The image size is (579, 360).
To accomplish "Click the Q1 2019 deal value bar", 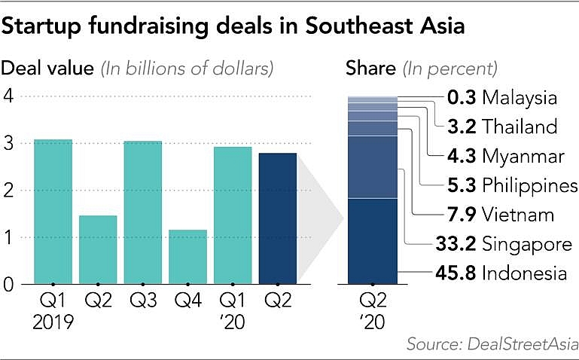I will pos(53,212).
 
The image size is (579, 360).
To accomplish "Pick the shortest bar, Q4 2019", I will pos(188,257).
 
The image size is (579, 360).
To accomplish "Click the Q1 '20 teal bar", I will pos(233,215).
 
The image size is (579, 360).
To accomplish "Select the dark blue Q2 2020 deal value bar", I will pos(278,218).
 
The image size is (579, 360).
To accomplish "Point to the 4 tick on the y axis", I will pos(8,96).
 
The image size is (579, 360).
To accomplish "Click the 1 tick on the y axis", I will pos(8,238).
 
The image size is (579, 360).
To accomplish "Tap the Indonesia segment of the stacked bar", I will pos(372,241).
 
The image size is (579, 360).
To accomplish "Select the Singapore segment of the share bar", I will pos(372,167).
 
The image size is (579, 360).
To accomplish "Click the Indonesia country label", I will pos(524,273).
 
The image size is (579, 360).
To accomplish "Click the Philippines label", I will pos(530,185).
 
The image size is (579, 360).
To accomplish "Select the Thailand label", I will pos(520,127).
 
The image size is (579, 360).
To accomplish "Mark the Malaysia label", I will pos(520,98).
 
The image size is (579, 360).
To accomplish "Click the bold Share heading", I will pos(370,69).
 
